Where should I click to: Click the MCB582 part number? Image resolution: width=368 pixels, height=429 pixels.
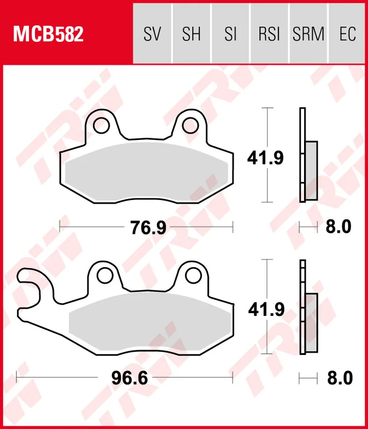coord(48,34)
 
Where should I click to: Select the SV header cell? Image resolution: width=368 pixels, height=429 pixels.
coord(152,34)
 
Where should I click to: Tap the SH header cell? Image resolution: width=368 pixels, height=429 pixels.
coord(191,34)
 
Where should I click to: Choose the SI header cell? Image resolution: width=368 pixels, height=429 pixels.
coord(230,34)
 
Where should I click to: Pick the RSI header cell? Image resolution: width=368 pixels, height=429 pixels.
coord(269,34)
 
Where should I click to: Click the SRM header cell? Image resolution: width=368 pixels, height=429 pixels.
coord(308,34)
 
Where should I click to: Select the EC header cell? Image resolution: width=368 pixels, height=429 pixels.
coord(348,34)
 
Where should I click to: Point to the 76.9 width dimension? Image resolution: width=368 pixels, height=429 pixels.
coord(147,227)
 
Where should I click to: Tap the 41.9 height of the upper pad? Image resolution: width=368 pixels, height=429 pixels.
coord(265,157)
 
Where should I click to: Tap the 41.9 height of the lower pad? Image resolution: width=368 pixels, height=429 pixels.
coord(265,309)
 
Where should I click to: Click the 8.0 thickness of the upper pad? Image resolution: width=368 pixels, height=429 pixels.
coord(338,227)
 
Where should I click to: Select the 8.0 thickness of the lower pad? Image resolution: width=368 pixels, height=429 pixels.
coord(339,378)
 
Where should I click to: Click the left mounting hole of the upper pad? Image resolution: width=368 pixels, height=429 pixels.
coord(100,125)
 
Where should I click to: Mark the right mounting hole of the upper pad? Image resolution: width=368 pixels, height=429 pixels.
coord(190,125)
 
